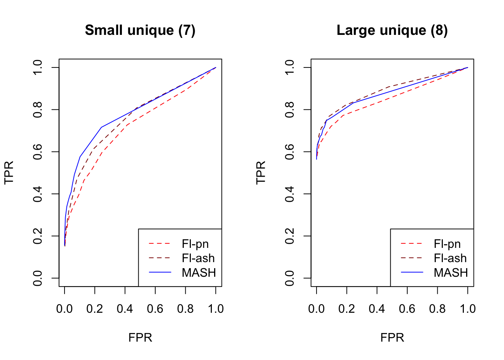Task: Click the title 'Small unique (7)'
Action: point(140,30)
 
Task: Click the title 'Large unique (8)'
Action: point(392,30)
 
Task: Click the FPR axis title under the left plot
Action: point(140,337)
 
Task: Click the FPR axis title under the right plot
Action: point(392,337)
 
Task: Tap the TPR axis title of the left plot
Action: point(9,172)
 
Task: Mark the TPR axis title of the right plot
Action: point(261,172)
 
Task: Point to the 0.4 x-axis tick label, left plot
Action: point(125,309)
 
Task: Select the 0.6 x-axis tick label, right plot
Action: point(407,309)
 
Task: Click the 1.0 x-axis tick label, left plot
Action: point(216,309)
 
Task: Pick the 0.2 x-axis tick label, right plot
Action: point(346,309)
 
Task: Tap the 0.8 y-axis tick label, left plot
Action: point(38,109)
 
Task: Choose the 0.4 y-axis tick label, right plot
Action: point(290,194)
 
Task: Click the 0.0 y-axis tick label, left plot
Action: point(38,278)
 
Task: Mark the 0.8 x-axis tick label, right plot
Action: point(437,309)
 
